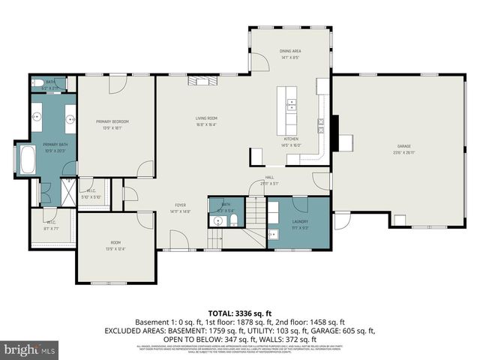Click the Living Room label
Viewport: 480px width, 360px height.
click(x=206, y=118)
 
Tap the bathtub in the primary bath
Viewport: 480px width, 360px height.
click(x=25, y=160)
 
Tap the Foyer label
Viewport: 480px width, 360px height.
click(x=181, y=205)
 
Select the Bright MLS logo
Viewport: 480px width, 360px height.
click(x=30, y=349)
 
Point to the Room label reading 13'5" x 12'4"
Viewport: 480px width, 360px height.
click(x=116, y=244)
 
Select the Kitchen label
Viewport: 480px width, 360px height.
click(x=290, y=140)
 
